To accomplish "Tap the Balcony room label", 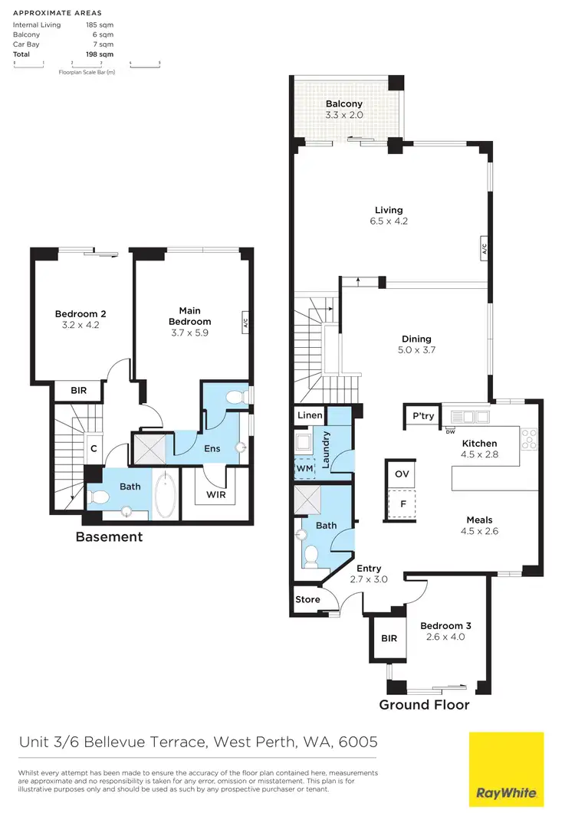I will pyautogui.click(x=343, y=104).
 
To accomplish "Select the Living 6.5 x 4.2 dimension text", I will pyautogui.click(x=389, y=222).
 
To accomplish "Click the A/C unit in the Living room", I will pyautogui.click(x=485, y=248).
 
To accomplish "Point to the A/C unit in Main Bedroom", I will pyautogui.click(x=245, y=323).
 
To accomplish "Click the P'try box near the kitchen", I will pyautogui.click(x=422, y=417).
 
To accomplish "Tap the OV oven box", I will pyautogui.click(x=402, y=474).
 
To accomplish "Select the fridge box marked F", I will pyautogui.click(x=402, y=505).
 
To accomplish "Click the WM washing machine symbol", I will pyautogui.click(x=304, y=467).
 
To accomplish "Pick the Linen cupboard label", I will pyautogui.click(x=310, y=416).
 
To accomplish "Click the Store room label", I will pyautogui.click(x=308, y=600).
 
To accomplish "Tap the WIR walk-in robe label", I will pyautogui.click(x=216, y=496).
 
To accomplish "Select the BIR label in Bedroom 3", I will pyautogui.click(x=389, y=638).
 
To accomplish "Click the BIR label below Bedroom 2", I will pyautogui.click(x=78, y=391).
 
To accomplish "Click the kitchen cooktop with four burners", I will pyautogui.click(x=529, y=438).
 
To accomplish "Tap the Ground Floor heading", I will pyautogui.click(x=424, y=704).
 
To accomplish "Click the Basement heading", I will pyautogui.click(x=109, y=537).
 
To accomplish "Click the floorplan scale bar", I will pyautogui.click(x=87, y=65).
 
